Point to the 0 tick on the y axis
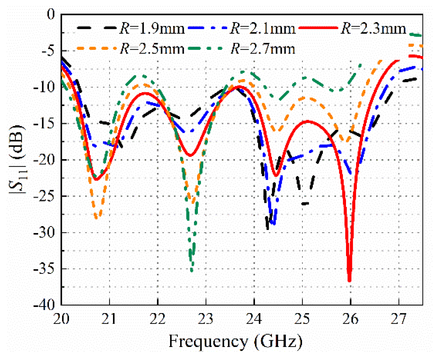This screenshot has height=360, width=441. pos(51,14)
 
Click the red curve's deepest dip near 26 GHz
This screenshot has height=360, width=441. pos(350,281)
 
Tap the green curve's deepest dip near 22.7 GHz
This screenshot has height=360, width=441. pos(192,271)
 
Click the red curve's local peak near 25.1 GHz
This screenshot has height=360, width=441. pos(308,121)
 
